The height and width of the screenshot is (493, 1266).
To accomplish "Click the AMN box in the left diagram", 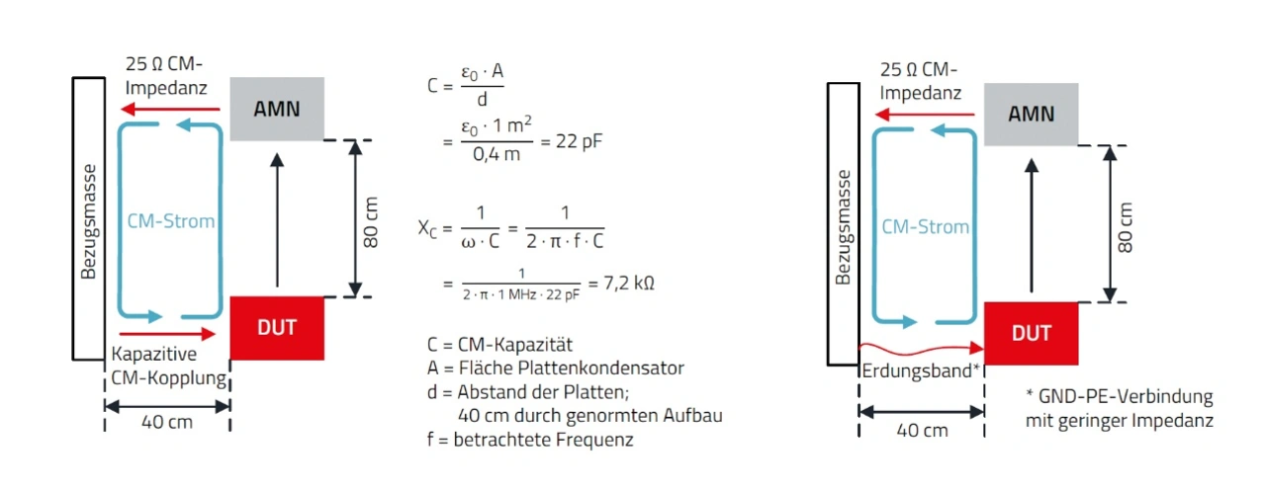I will point(277,109).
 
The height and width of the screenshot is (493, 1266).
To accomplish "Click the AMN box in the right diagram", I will point(1031,113).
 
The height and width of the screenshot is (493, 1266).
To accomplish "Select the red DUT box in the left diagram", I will point(276,327).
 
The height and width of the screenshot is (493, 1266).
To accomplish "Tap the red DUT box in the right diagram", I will point(1031,334).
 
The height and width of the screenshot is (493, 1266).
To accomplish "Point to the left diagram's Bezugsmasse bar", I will point(88,218).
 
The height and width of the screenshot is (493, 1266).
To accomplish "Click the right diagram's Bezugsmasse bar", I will point(843,225).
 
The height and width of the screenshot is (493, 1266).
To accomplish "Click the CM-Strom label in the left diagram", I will point(171,220).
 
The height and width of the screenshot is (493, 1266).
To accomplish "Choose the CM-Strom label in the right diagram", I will point(926,226).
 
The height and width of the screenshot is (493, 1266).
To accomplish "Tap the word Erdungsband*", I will point(921,372).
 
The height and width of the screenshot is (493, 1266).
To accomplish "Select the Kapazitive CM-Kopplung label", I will point(169,366).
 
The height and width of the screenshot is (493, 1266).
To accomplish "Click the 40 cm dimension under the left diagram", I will point(166,422).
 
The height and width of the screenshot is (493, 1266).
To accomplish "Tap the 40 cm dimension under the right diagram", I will point(921,430).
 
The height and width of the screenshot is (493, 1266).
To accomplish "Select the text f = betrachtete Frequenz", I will point(529,439).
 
